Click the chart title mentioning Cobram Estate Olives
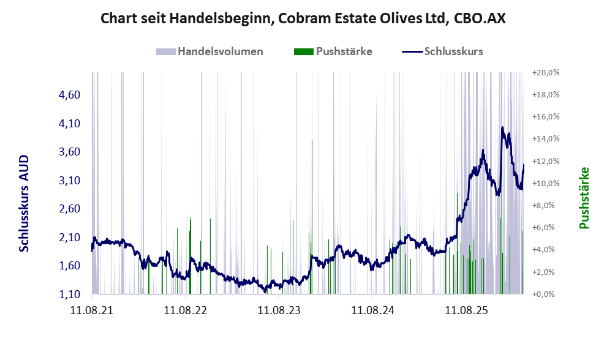pyautogui.click(x=303, y=19)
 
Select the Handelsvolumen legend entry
pyautogui.click(x=220, y=51)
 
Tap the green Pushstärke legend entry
pyautogui.click(x=343, y=51)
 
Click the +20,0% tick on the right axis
pyautogui.click(x=546, y=72)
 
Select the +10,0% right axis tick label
pyautogui.click(x=546, y=183)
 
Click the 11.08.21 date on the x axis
pyautogui.click(x=91, y=310)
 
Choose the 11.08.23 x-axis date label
pyautogui.click(x=279, y=310)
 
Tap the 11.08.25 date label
pyautogui.click(x=466, y=310)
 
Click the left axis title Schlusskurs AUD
pyautogui.click(x=24, y=204)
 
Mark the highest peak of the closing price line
pyautogui.click(x=502, y=128)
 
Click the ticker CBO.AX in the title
pyautogui.click(x=480, y=19)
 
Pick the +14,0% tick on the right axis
pyautogui.click(x=546, y=139)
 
